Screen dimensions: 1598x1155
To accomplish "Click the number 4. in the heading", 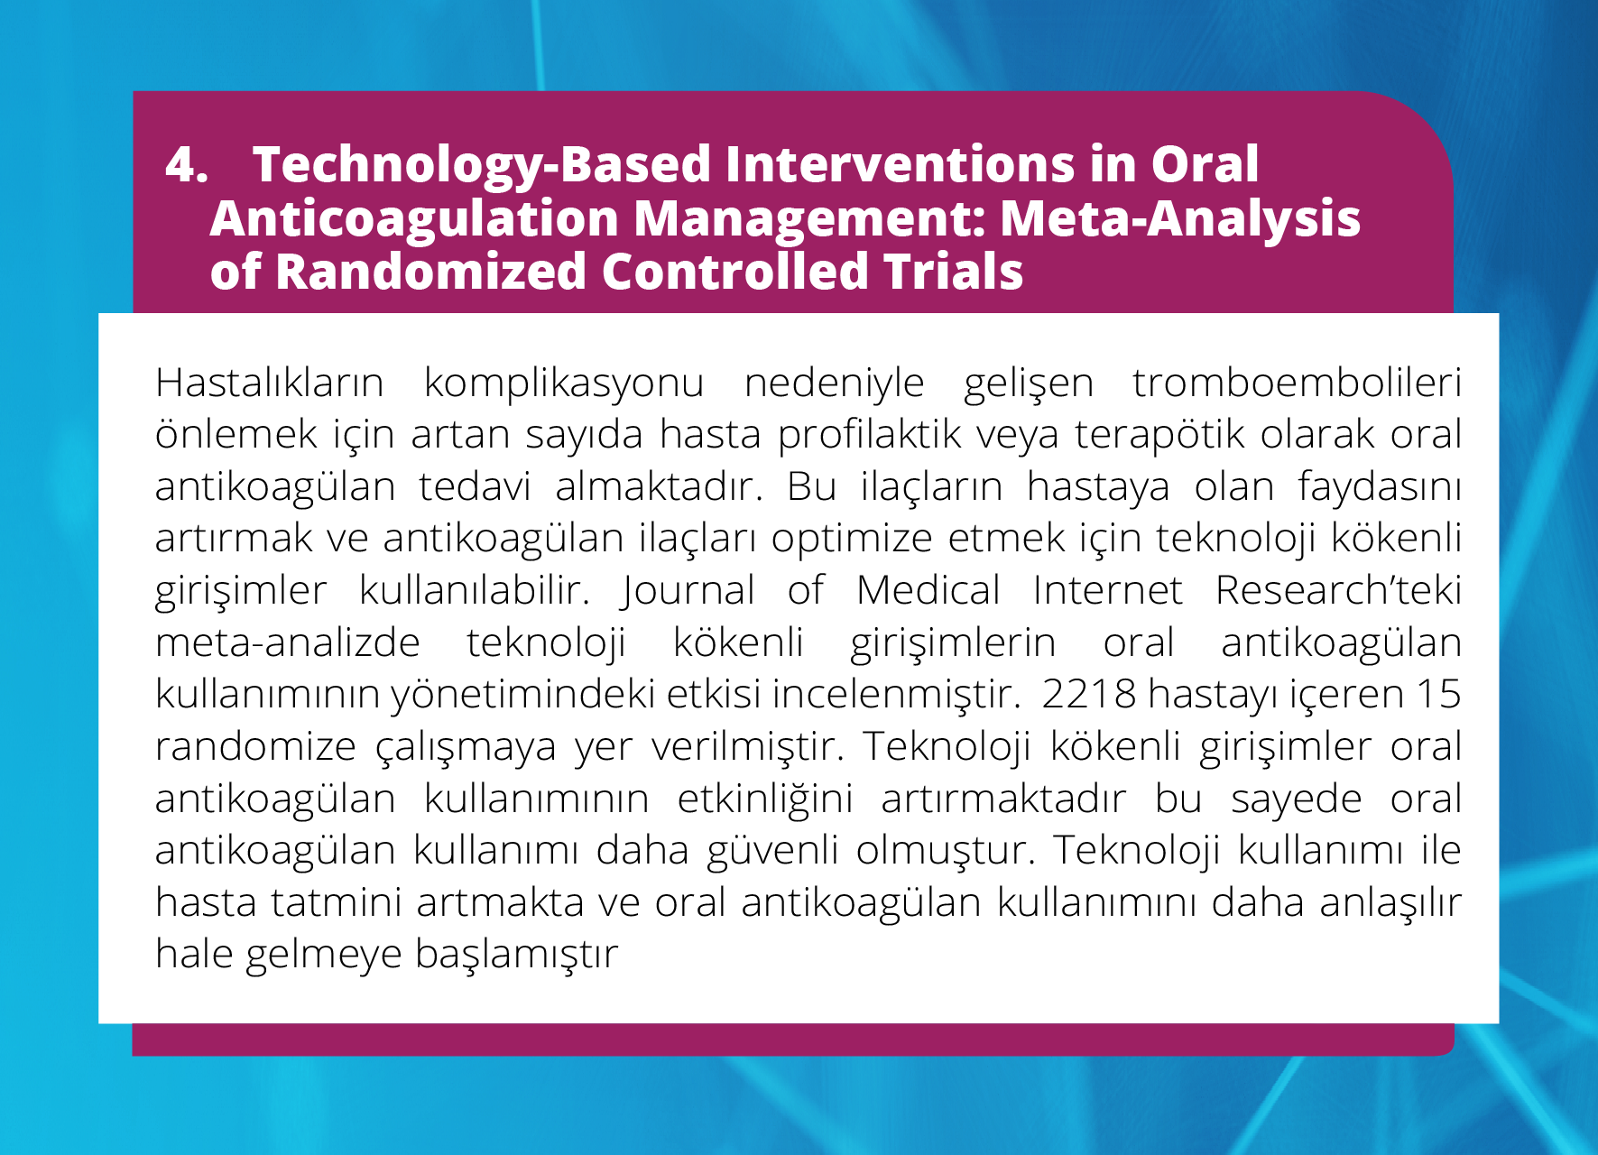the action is [x=187, y=165].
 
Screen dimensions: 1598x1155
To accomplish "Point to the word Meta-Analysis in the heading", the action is [x=1180, y=220].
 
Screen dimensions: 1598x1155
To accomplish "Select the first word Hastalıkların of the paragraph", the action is [x=270, y=383].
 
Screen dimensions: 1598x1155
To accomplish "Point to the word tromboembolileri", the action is [x=1298, y=383].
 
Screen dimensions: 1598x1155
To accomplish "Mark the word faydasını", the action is [x=1380, y=487].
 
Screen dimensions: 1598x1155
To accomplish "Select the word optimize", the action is [x=852, y=540].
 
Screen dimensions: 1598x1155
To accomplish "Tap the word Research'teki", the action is [x=1338, y=591].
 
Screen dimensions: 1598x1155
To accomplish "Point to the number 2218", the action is [x=1089, y=695].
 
